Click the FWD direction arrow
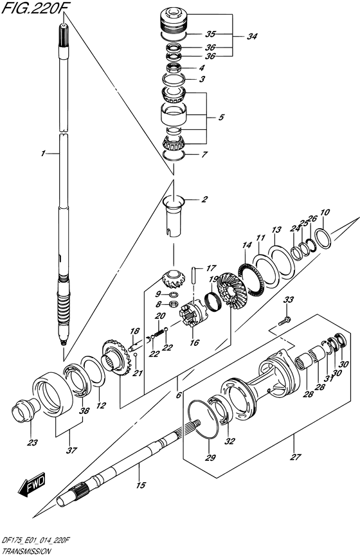pyautogui.click(x=32, y=485)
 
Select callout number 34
pyautogui.click(x=252, y=36)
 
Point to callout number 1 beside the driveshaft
pyautogui.click(x=42, y=154)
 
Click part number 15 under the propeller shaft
pyautogui.click(x=141, y=485)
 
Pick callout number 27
pyautogui.click(x=295, y=457)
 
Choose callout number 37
pyautogui.click(x=71, y=450)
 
